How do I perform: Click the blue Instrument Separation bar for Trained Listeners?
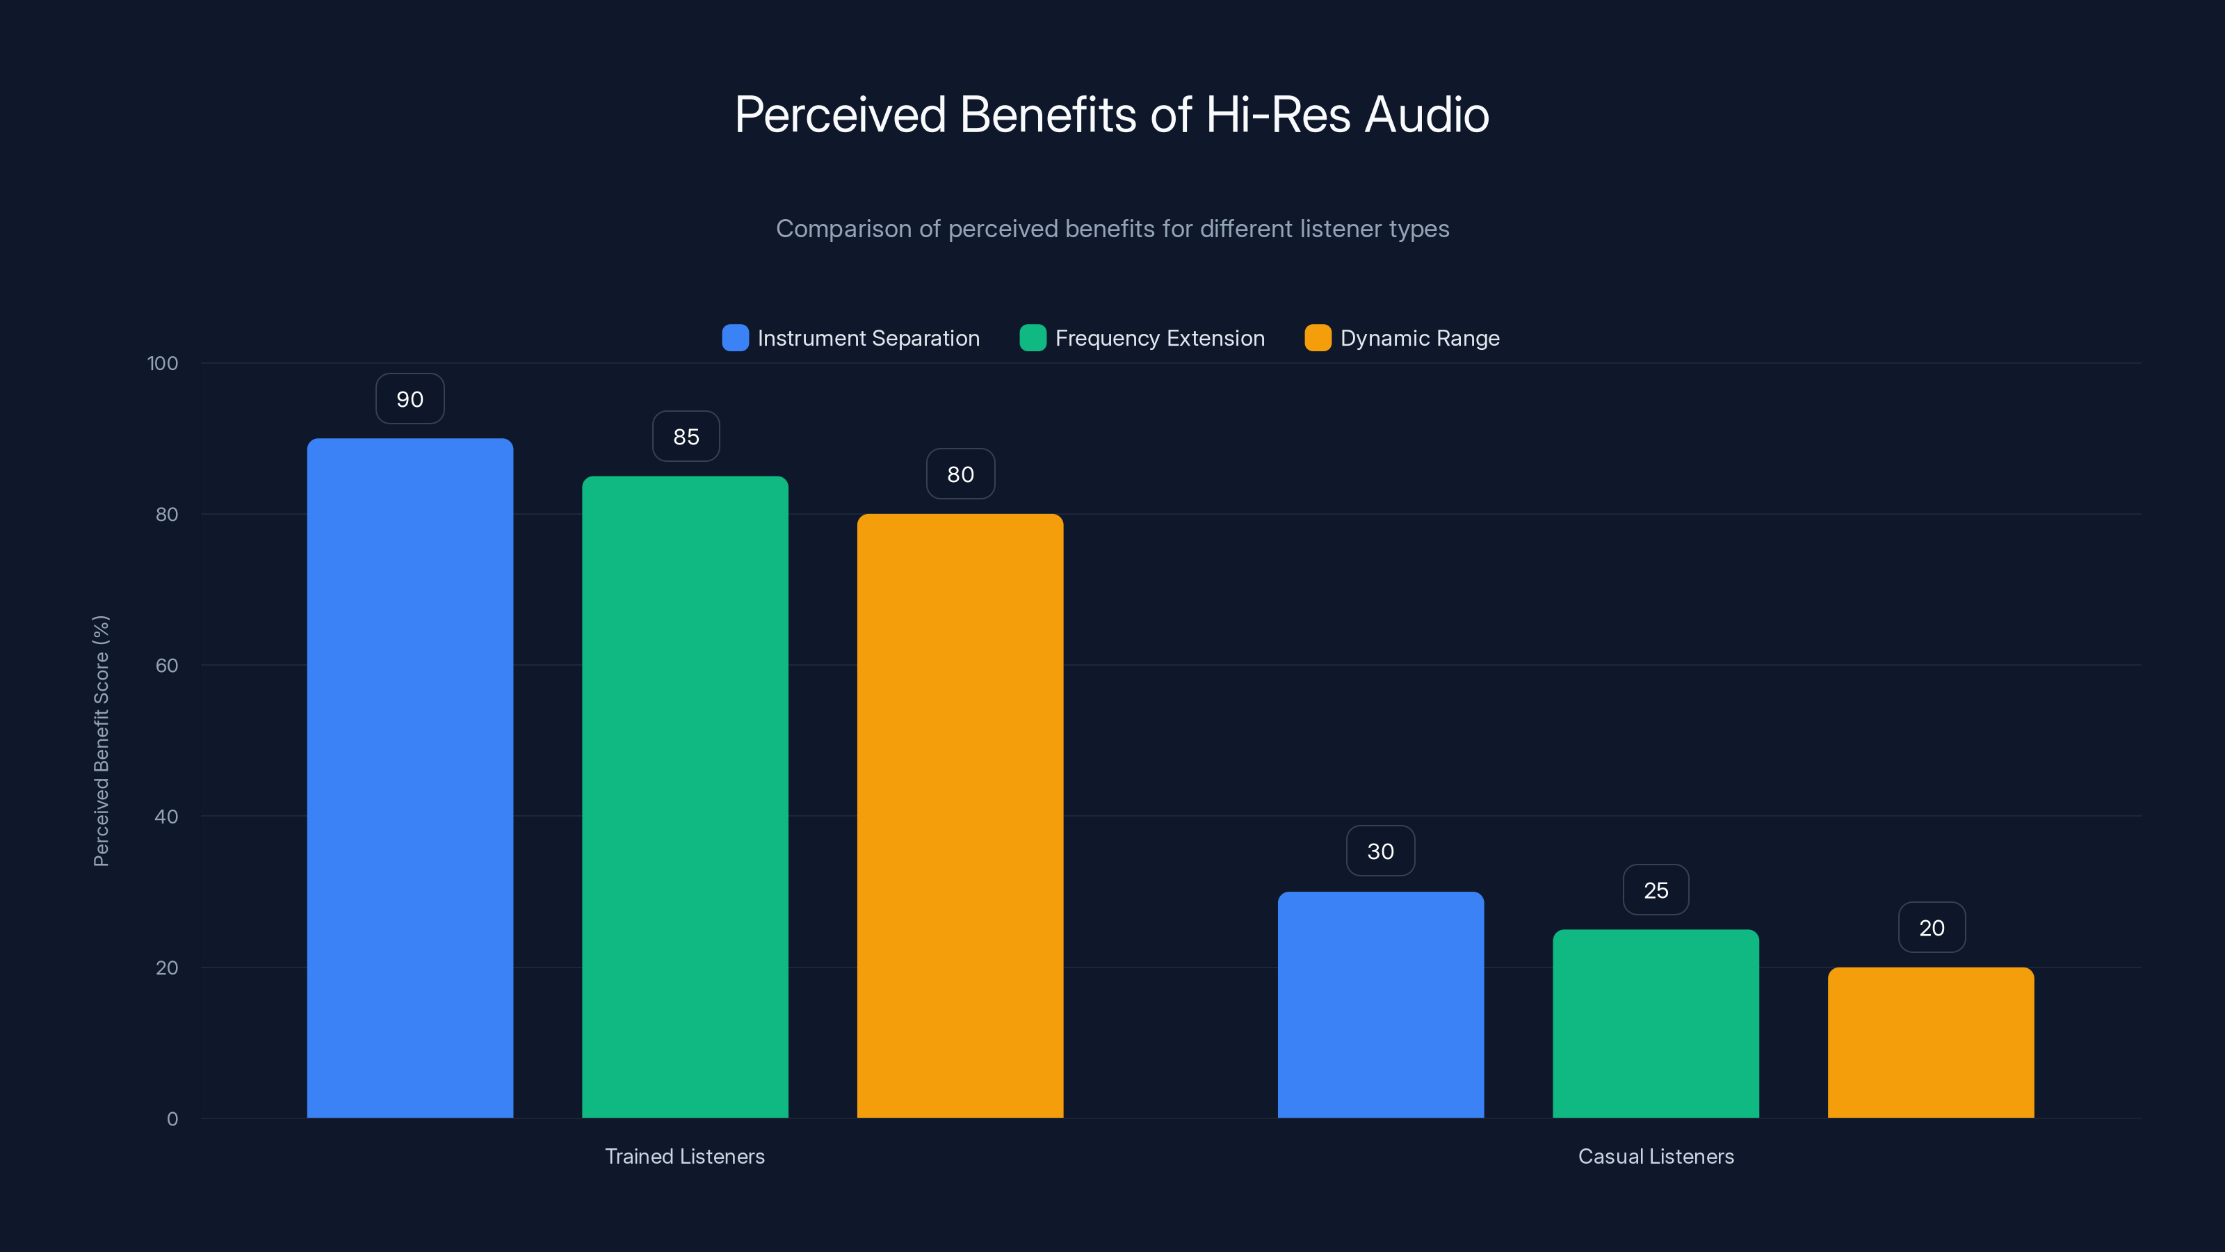(x=410, y=778)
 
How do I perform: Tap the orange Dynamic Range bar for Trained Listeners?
(x=960, y=816)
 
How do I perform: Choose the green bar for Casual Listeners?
(x=1655, y=1023)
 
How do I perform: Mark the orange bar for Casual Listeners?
(x=1930, y=1042)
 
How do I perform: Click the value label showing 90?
(x=410, y=399)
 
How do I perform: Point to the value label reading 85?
(x=686, y=436)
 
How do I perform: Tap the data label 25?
(x=1655, y=890)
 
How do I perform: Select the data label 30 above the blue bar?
(x=1380, y=851)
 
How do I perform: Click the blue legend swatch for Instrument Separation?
(x=735, y=338)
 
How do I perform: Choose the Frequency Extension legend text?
(x=1159, y=338)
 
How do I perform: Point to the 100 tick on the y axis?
(x=163, y=363)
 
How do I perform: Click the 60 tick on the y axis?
(x=167, y=666)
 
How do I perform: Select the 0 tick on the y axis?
(x=172, y=1119)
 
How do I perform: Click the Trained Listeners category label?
(x=685, y=1156)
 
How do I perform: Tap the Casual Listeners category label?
(x=1655, y=1156)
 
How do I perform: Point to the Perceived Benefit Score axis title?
(x=101, y=741)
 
